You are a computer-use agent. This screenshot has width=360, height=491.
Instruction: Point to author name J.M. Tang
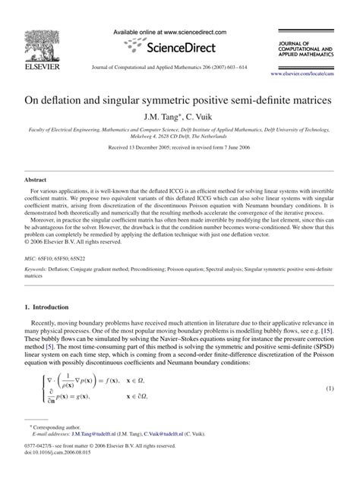[x=161, y=117]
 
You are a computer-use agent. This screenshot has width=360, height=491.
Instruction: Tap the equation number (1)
[x=330, y=389]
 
